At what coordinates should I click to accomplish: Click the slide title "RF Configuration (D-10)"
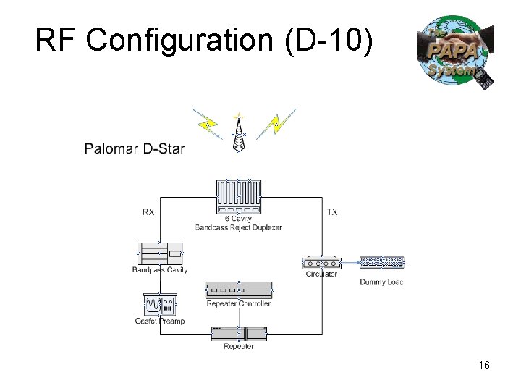pyautogui.click(x=205, y=41)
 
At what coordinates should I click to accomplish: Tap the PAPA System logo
pyautogui.click(x=455, y=53)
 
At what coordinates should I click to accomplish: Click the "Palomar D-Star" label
pyautogui.click(x=135, y=149)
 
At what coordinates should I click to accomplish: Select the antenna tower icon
pyautogui.click(x=238, y=134)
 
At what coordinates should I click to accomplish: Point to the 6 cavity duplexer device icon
pyautogui.click(x=238, y=195)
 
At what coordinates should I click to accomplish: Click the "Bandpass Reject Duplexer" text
pyautogui.click(x=238, y=227)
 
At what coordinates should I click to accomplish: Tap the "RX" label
pyautogui.click(x=148, y=212)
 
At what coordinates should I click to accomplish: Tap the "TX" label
pyautogui.click(x=332, y=212)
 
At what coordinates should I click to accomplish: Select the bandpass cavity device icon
pyautogui.click(x=161, y=254)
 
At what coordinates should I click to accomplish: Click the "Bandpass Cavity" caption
pyautogui.click(x=160, y=270)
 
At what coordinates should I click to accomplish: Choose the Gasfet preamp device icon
pyautogui.click(x=160, y=304)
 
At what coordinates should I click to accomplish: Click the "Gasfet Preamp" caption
pyautogui.click(x=160, y=321)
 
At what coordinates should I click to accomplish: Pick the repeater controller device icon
pyautogui.click(x=239, y=290)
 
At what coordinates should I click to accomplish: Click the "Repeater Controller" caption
pyautogui.click(x=239, y=303)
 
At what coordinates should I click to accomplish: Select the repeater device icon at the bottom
pyautogui.click(x=239, y=333)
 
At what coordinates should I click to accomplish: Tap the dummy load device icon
pyautogui.click(x=382, y=262)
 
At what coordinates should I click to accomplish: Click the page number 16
pyautogui.click(x=484, y=366)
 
